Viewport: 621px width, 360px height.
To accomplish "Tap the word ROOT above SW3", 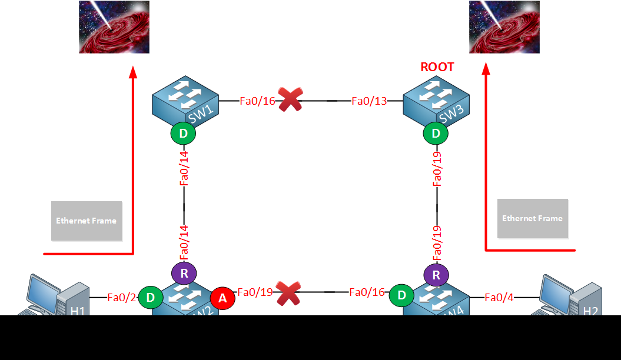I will [437, 67].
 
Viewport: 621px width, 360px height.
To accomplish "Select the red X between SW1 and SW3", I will [290, 100].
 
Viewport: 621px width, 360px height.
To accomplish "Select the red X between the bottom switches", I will [289, 292].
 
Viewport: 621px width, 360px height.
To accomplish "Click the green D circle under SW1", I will [184, 134].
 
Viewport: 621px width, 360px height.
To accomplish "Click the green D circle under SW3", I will [436, 134].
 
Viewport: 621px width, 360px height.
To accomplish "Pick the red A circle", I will [223, 298].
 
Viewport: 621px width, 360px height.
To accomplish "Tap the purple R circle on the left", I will [184, 273].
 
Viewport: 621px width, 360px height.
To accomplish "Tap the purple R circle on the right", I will [436, 274].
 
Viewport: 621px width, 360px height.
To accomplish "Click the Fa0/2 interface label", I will [122, 297].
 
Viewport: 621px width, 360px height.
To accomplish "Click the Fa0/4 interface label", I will [499, 297].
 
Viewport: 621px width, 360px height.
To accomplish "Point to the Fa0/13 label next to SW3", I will [369, 101].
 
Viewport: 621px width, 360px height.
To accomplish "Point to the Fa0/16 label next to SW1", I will [257, 101].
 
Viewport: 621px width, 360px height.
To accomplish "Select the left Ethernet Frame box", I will [87, 221].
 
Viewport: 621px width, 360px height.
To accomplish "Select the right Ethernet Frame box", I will [532, 218].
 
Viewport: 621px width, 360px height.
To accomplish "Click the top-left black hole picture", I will [114, 27].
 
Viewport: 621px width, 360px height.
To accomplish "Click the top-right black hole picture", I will [504, 27].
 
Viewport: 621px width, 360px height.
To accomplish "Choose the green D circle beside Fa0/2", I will [151, 298].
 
